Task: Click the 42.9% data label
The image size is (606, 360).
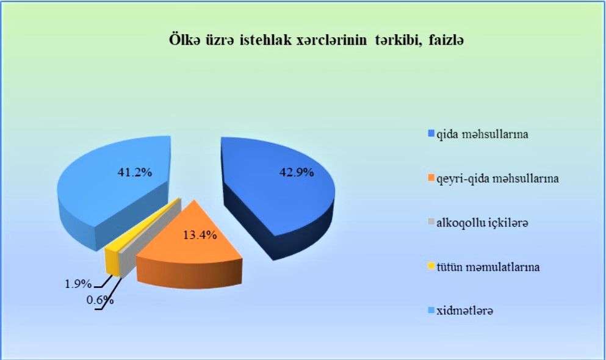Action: tap(297, 172)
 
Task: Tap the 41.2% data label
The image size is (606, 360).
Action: tap(135, 172)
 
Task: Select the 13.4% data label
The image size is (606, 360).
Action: tap(200, 235)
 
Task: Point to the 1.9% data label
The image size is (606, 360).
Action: tap(78, 284)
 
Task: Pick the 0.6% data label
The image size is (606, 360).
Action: tap(100, 300)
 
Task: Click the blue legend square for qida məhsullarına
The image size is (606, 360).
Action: tap(431, 134)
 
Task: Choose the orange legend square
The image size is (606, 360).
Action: tap(431, 178)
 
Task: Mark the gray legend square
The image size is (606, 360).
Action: tap(431, 223)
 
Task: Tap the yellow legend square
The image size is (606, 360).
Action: tap(431, 267)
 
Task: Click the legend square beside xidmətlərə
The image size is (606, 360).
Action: tap(431, 311)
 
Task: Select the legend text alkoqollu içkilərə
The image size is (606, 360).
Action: tap(482, 223)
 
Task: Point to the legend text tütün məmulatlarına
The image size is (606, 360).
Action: tap(488, 267)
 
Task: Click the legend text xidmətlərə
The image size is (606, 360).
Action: tap(465, 311)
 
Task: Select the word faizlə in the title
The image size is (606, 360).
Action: tap(446, 40)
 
